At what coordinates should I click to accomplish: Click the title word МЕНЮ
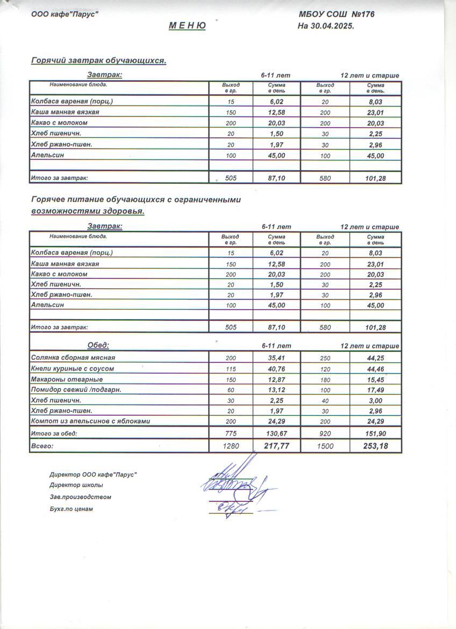point(187,26)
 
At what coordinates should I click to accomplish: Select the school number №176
point(362,14)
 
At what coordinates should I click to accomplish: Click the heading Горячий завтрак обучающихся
point(98,61)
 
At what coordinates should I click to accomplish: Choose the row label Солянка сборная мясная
point(73,358)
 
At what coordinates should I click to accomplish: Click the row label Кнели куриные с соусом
point(73,369)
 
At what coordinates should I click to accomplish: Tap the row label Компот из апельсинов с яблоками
point(90,421)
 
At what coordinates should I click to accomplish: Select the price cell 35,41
point(276,358)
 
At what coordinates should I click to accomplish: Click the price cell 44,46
point(376,369)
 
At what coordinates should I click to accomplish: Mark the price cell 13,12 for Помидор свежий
point(276,390)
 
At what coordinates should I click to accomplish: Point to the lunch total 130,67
point(276,434)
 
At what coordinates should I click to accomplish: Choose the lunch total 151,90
point(376,434)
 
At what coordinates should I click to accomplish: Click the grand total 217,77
point(276,446)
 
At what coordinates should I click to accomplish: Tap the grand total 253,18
point(376,446)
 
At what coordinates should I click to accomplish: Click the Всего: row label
point(43,446)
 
